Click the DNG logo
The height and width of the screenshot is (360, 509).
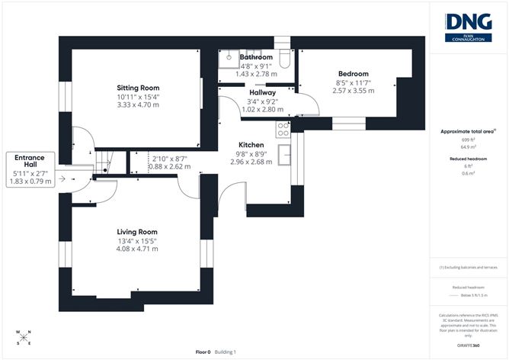click(x=469, y=26)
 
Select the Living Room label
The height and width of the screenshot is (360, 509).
click(x=137, y=232)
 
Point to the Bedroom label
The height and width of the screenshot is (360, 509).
click(x=353, y=74)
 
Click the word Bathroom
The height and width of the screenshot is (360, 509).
click(x=256, y=57)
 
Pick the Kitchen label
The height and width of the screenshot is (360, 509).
click(x=251, y=145)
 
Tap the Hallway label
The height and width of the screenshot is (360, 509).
click(x=262, y=93)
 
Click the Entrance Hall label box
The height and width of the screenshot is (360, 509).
click(x=30, y=169)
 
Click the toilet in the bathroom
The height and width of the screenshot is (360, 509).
click(x=284, y=57)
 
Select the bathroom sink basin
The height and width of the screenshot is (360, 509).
click(x=229, y=56)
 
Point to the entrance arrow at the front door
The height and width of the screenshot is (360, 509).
click(x=72, y=181)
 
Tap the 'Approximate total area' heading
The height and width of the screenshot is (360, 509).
click(x=467, y=131)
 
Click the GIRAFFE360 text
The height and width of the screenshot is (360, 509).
click(x=468, y=346)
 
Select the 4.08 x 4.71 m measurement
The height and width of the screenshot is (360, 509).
click(x=137, y=248)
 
